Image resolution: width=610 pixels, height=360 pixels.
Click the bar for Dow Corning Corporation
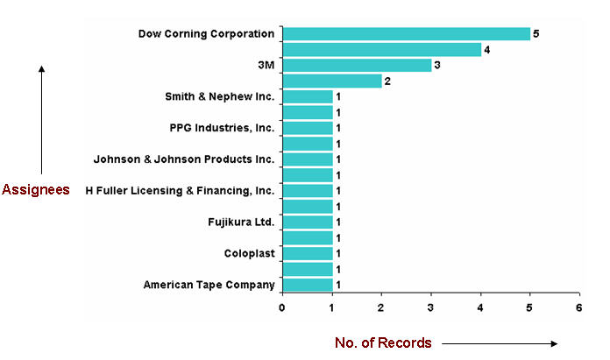coord(406,34)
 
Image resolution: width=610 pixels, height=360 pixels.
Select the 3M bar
coord(357,66)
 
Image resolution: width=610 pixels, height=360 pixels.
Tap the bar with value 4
coord(381,50)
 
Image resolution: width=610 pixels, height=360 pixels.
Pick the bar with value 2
coord(332,81)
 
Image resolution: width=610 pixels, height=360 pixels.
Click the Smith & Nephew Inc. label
coord(219,96)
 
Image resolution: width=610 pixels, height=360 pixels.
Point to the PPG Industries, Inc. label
coord(222,128)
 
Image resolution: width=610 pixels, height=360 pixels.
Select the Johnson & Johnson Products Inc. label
coord(184,159)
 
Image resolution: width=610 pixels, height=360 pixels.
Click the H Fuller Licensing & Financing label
coord(180,191)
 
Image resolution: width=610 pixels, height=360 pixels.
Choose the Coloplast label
coord(249,253)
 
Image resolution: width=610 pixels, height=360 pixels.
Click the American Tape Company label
coord(209,285)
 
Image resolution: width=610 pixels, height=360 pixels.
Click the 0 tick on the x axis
coord(282,307)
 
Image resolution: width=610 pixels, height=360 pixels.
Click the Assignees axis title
coord(36,190)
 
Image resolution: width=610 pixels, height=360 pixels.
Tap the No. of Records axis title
coord(383,343)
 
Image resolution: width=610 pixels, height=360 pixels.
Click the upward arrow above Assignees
coord(41,118)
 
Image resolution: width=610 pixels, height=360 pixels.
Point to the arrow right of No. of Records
coord(500,343)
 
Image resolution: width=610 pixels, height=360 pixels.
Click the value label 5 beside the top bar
coord(536,34)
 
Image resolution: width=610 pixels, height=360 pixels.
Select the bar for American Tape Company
coord(308,285)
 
